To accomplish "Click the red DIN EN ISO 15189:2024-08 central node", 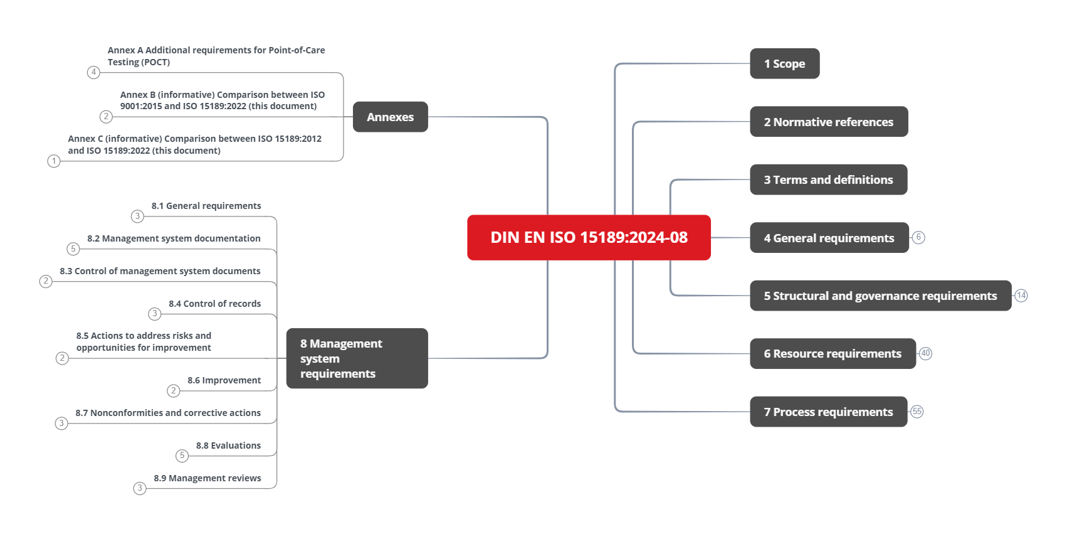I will coord(589,237).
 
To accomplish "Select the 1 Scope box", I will coord(784,63).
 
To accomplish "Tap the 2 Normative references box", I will coord(828,122).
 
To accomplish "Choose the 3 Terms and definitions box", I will coord(828,179).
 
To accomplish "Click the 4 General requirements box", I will coord(829,238).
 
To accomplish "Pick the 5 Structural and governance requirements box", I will coord(880,296).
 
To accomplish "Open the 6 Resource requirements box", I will coord(833,353).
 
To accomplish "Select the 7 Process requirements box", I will coord(828,412).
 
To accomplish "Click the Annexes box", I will coord(390,117).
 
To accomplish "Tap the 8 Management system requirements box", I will coord(357,358).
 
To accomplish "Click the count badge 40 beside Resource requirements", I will coord(926,353).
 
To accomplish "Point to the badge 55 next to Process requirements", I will coord(917,412).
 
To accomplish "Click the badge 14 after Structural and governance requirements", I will coord(1021,296).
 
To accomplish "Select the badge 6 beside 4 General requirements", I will coord(918,237).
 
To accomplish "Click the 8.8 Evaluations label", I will coord(228,446).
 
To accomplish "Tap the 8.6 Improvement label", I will coord(224,380).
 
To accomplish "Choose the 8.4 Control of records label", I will coord(214,304).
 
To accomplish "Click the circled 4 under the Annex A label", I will coord(93,72).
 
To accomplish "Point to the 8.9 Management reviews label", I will coord(208,478).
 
